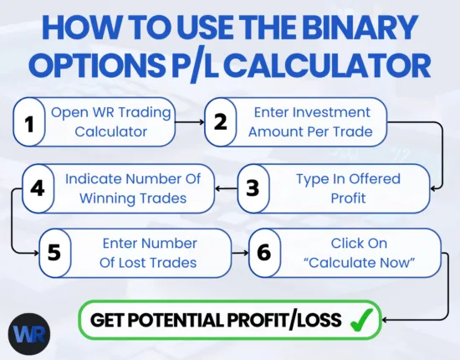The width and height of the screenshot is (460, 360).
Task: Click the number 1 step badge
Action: pos(29,123)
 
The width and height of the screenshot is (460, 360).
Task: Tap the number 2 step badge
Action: pos(220,123)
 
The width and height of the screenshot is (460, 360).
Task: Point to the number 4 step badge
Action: pos(38,187)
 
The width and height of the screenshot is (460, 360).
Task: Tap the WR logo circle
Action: pos(29,332)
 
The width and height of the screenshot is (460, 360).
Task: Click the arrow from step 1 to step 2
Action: pos(192,123)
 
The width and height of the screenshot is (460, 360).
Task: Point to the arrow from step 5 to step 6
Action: pos(241,253)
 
